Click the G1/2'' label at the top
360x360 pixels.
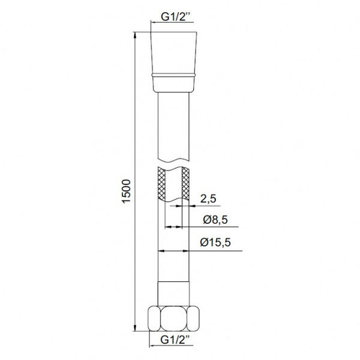[173, 17]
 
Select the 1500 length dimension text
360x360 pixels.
[126, 191]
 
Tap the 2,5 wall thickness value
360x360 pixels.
[208, 199]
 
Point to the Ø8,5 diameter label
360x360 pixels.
[215, 220]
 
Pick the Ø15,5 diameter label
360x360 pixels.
[215, 242]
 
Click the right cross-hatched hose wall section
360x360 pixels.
[185, 183]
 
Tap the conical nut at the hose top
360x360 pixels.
[173, 53]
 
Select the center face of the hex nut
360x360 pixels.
[174, 319]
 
